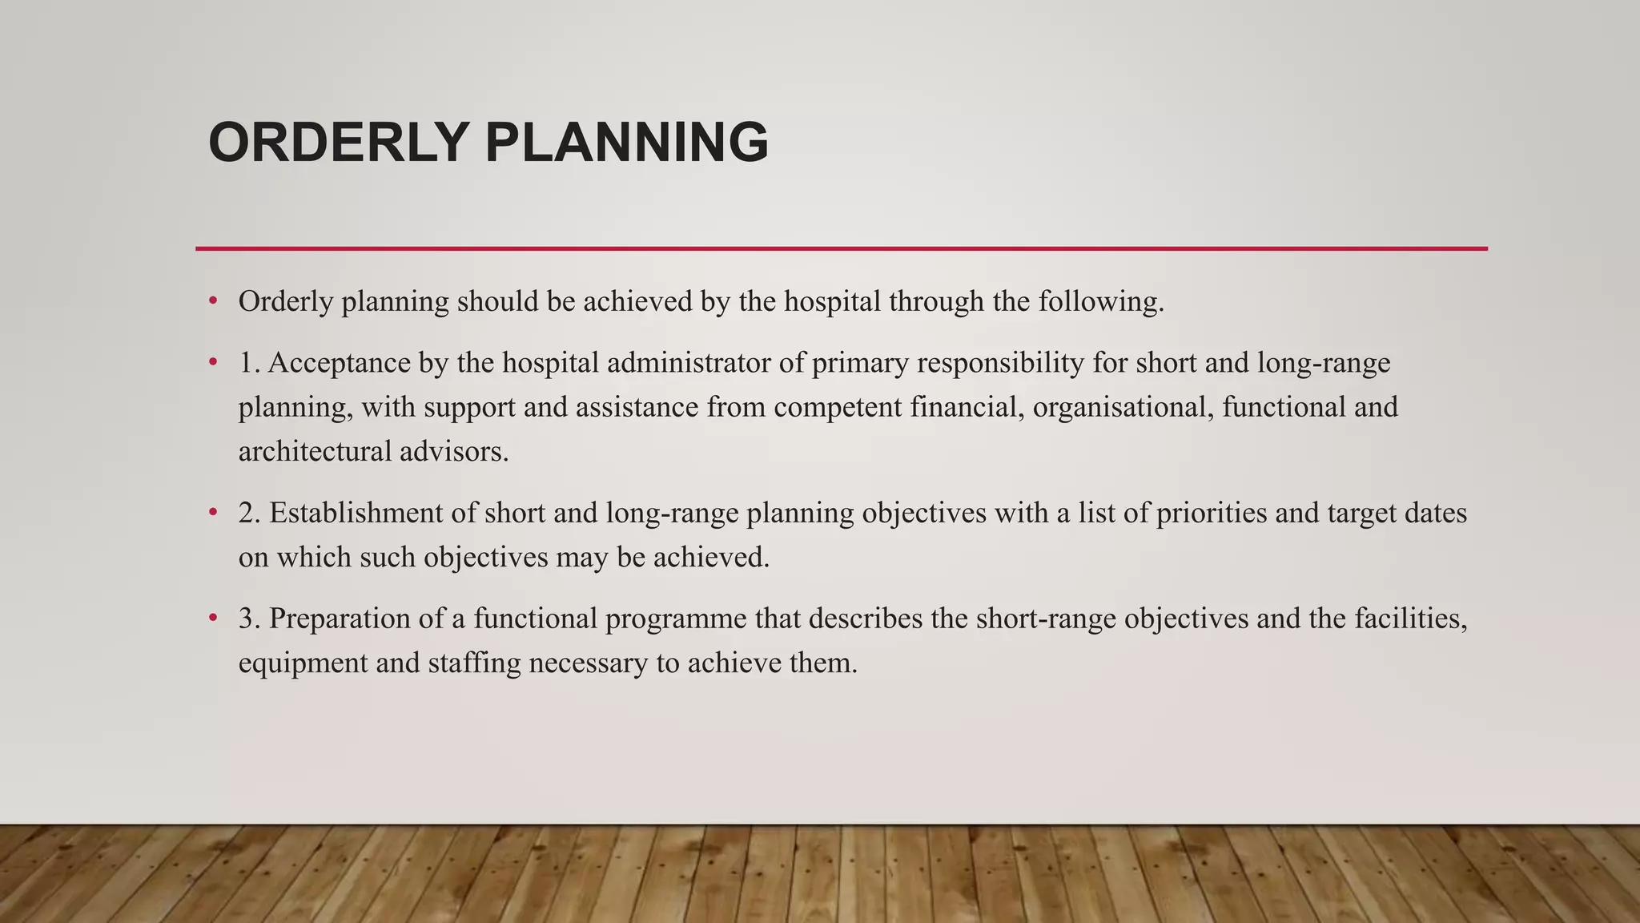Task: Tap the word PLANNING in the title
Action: pyautogui.click(x=626, y=143)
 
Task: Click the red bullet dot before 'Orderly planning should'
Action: pyautogui.click(x=213, y=301)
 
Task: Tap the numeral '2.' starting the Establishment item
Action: pyautogui.click(x=249, y=513)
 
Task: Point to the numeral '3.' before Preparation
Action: pyautogui.click(x=249, y=619)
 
